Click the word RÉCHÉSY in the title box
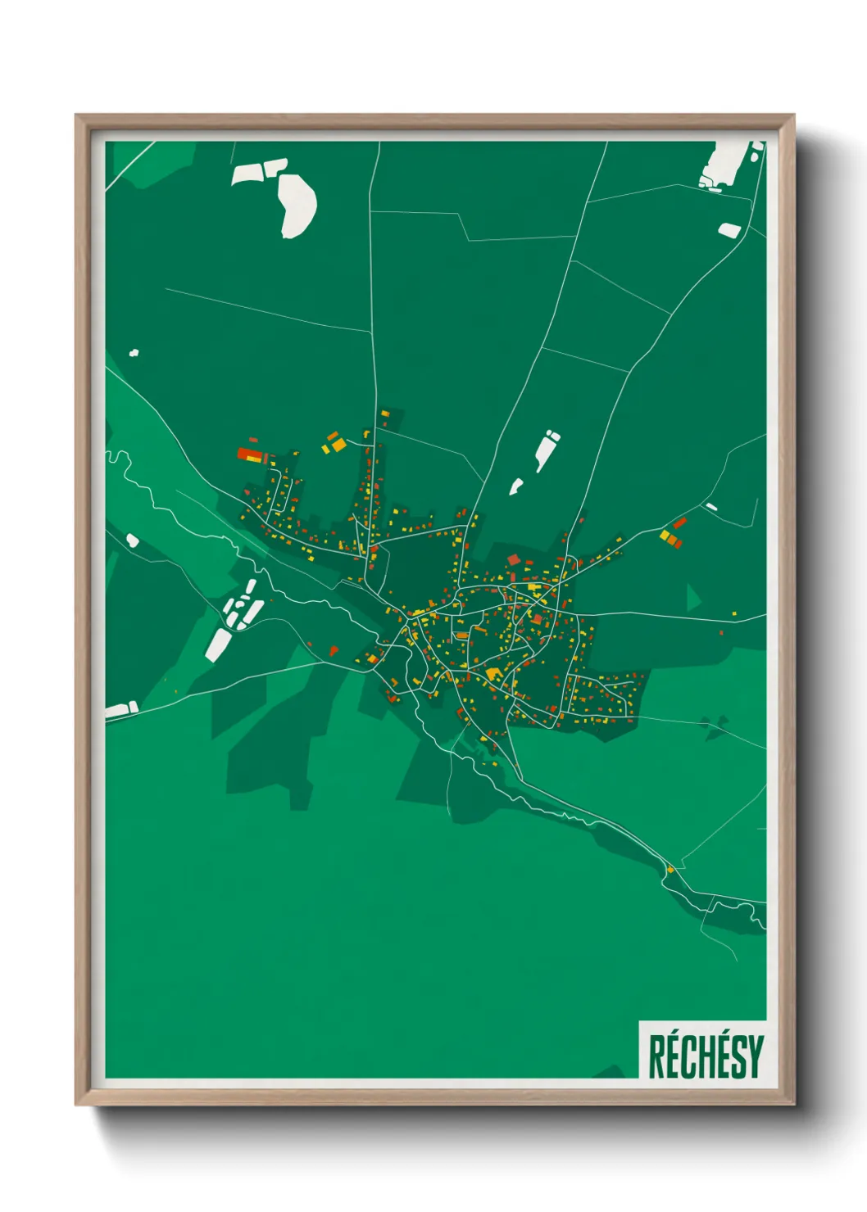point(706,1056)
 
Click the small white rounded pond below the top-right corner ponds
point(729,230)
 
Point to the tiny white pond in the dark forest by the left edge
point(134,353)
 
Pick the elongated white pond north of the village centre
point(545,450)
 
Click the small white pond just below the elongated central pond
point(515,486)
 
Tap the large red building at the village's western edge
point(249,454)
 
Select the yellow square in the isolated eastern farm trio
point(665,536)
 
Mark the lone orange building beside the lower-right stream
point(670,869)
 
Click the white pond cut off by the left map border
point(120,710)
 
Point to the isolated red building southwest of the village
point(334,650)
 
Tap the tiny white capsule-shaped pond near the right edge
point(711,507)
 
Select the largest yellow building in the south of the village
point(493,674)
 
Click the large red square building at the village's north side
point(514,559)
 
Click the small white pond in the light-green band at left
point(132,540)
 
